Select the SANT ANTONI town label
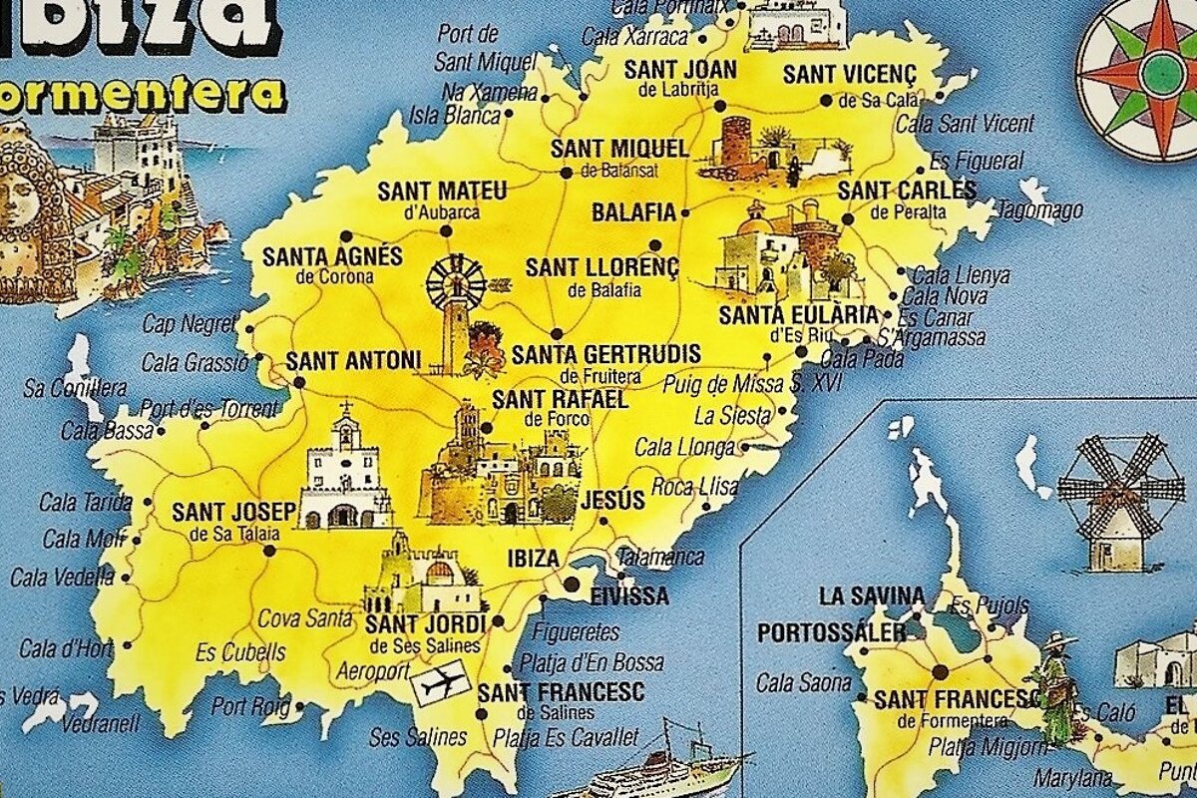click(353, 360)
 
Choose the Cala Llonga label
click(684, 447)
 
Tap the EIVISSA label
click(628, 598)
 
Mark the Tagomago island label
click(1040, 211)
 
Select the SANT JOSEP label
click(234, 513)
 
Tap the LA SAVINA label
click(871, 597)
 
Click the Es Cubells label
click(240, 653)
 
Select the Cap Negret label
click(189, 324)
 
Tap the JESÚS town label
click(612, 501)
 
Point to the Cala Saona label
click(804, 683)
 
